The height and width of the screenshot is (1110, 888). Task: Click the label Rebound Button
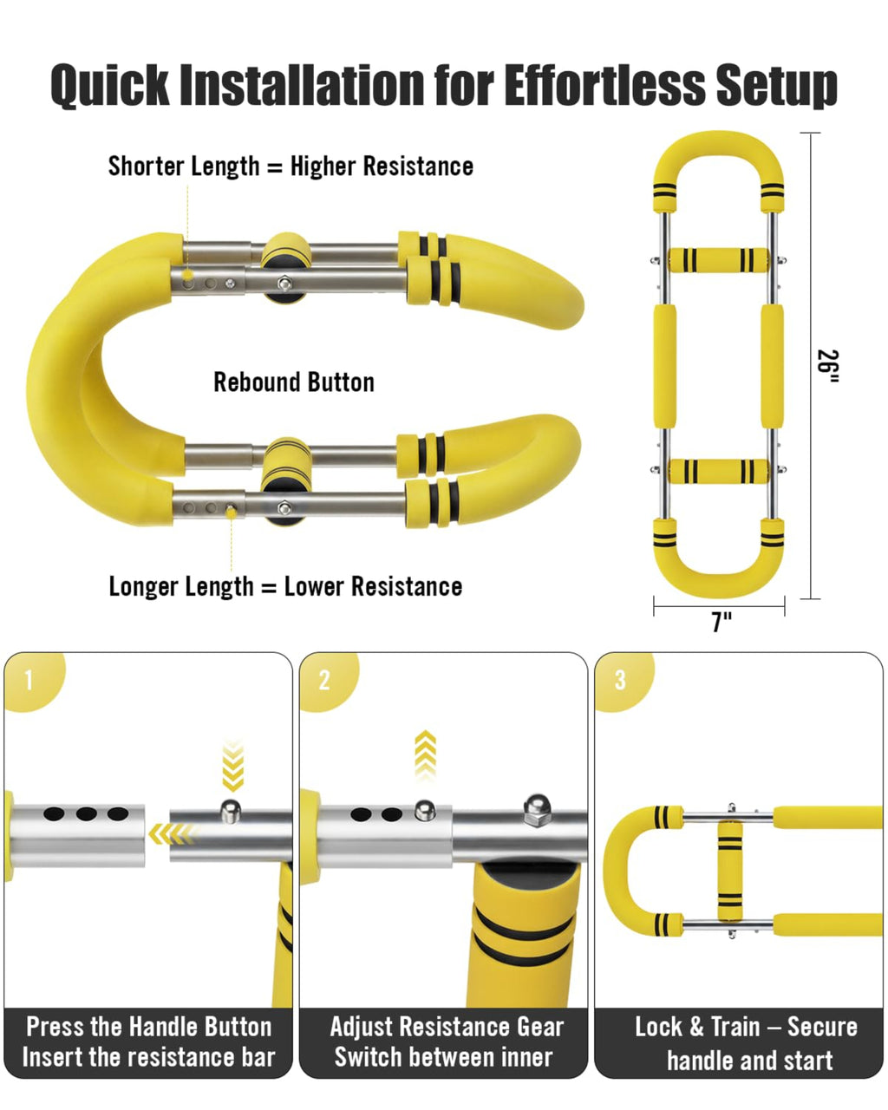(294, 382)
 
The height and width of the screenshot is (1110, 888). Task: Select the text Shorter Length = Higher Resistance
(291, 166)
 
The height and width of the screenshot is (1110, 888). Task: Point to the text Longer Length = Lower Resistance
(285, 586)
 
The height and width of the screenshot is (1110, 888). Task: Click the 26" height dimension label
(830, 365)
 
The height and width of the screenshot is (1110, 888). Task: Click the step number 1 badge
(29, 680)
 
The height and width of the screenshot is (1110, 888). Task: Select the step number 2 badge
(324, 680)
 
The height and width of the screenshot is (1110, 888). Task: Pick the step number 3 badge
(619, 680)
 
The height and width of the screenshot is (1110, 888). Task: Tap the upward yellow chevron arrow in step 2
(425, 755)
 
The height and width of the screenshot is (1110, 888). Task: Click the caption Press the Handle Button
(148, 1027)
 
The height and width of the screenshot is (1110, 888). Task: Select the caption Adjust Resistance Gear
(447, 1027)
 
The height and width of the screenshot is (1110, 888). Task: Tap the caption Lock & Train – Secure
(746, 1027)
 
